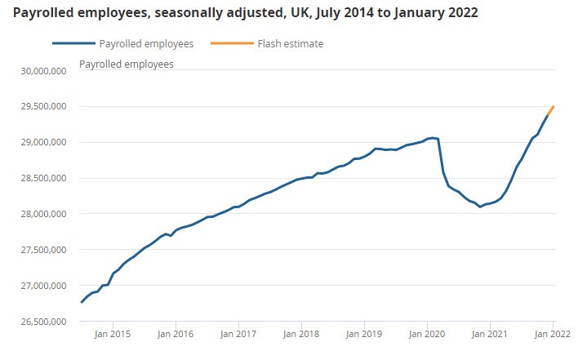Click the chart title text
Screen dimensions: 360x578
point(246,14)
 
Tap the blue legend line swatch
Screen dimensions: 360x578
point(71,44)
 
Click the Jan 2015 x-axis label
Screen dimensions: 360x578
point(112,335)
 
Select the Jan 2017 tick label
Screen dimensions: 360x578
point(238,335)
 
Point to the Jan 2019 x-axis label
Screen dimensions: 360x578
point(364,335)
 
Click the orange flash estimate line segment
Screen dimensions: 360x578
point(550,112)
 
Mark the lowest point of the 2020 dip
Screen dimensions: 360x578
point(480,207)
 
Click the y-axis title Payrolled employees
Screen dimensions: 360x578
point(126,64)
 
